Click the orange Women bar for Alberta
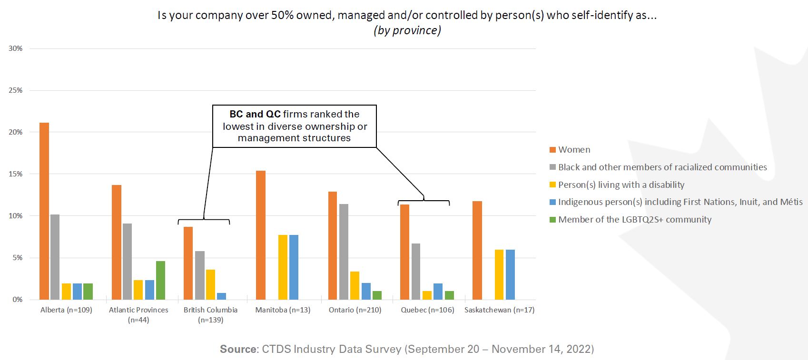[x=44, y=211]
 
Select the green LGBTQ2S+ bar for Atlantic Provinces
[x=160, y=280]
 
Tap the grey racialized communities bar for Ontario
[x=343, y=252]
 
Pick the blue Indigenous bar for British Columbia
[x=221, y=296]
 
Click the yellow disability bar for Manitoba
[x=283, y=267]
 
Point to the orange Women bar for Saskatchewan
[x=477, y=250]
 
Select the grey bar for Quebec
[x=415, y=272]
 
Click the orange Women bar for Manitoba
[x=261, y=235]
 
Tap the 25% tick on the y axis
[x=16, y=90]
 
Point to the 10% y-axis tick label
[x=16, y=216]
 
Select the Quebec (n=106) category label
[x=427, y=310]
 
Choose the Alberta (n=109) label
[x=66, y=310]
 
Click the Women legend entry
[x=574, y=150]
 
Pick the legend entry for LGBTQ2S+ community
[x=634, y=220]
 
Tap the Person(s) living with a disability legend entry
[x=621, y=185]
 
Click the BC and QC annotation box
[x=294, y=126]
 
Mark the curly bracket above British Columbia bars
[x=204, y=221]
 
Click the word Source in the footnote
[x=238, y=349]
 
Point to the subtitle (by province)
[x=407, y=30]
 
